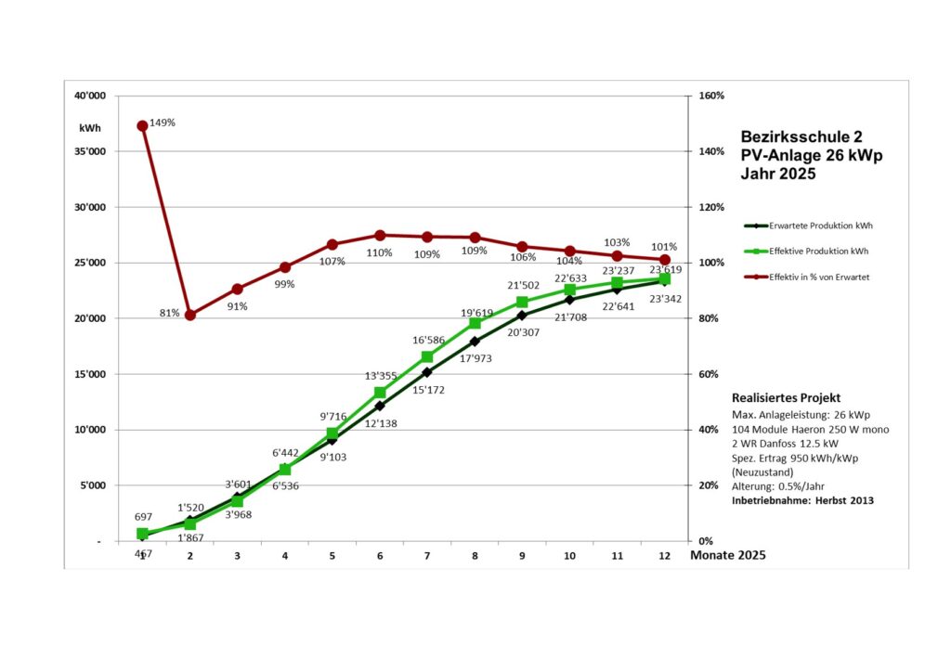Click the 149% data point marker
click(x=142, y=125)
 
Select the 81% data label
click(x=169, y=313)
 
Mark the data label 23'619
click(x=665, y=269)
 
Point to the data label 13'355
click(x=380, y=376)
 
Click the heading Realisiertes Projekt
click(x=786, y=397)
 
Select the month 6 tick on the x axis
click(x=380, y=555)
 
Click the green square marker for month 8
click(x=475, y=323)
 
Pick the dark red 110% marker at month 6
click(x=380, y=235)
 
